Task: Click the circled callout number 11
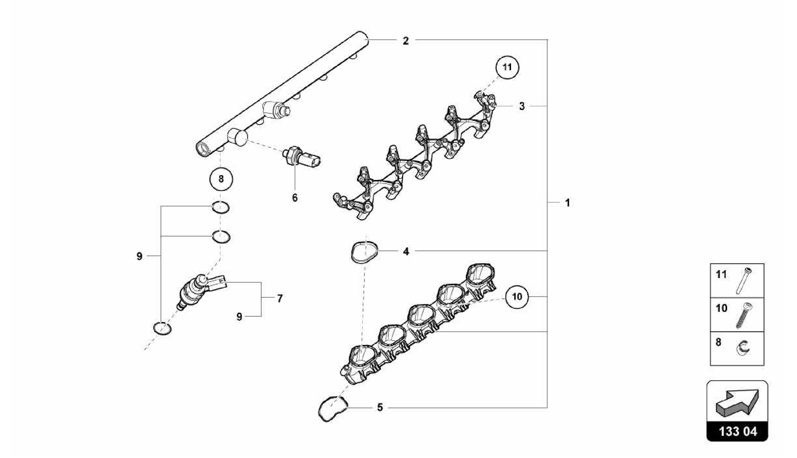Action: pyautogui.click(x=507, y=67)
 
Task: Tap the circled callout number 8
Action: pyautogui.click(x=221, y=179)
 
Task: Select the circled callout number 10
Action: pyautogui.click(x=517, y=297)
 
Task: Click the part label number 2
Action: pyautogui.click(x=406, y=40)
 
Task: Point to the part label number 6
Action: pyautogui.click(x=295, y=198)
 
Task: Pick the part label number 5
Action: pyautogui.click(x=380, y=407)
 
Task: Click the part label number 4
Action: pyautogui.click(x=406, y=252)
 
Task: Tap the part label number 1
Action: pyautogui.click(x=567, y=203)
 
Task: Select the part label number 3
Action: pyautogui.click(x=522, y=106)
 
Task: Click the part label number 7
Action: pyautogui.click(x=280, y=299)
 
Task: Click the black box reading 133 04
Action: pyautogui.click(x=737, y=432)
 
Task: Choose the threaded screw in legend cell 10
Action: pyautogui.click(x=744, y=315)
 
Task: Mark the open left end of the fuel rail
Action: pyautogui.click(x=203, y=149)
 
